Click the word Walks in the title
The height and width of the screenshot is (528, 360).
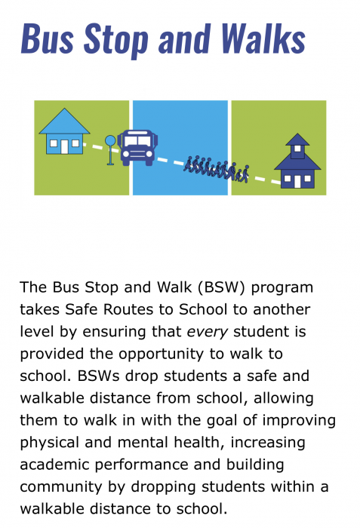coord(263,38)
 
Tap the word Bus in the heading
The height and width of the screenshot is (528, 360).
coord(48,38)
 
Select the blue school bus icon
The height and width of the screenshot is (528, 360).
coord(137,148)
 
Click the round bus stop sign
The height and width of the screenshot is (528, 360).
coord(110,141)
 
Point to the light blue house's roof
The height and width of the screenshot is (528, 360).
coord(64,121)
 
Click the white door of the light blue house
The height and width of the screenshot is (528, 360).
coord(64,146)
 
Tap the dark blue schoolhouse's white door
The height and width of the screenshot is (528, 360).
coord(297,181)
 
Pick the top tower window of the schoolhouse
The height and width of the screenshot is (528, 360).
coord(297,149)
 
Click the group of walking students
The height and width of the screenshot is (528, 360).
coord(217,169)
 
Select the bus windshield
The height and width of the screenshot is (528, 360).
coord(137,141)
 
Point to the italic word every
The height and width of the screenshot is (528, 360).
coord(207,333)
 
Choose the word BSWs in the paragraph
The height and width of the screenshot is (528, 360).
coord(98,376)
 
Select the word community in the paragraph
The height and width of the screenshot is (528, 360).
coord(61,487)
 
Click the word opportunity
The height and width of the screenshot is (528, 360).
coord(161,355)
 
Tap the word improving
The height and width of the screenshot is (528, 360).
coord(299,421)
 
